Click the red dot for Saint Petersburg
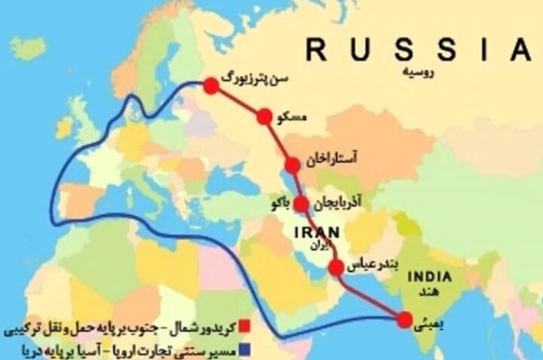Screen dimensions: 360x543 pos(211,86)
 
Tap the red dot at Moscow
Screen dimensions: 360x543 pos(264,116)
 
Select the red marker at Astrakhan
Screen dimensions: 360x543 pos(293,166)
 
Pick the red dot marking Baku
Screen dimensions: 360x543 pos(301,204)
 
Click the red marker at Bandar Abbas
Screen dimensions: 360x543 pos(337,266)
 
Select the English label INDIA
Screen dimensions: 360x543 pos(430,277)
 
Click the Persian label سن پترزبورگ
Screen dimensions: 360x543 pos(259,78)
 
